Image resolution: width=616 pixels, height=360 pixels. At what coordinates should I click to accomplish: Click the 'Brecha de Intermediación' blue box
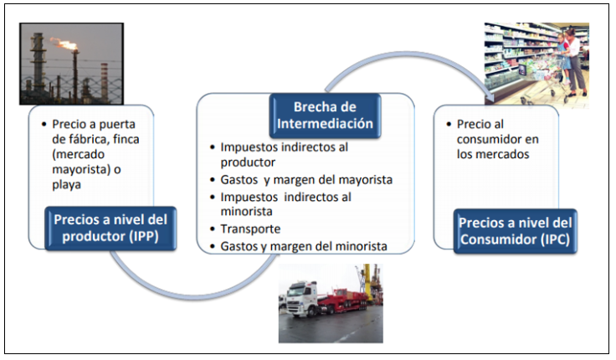pos(325,116)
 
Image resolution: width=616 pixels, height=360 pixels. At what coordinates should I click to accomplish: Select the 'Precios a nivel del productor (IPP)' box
pos(110,229)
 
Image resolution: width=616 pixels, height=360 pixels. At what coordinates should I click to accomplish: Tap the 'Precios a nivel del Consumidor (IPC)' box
pos(515,231)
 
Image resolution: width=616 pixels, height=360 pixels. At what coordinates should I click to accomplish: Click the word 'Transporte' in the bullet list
pos(250,229)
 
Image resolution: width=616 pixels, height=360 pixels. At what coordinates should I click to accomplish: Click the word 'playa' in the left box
pos(66,185)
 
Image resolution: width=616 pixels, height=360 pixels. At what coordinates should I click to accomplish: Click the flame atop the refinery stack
pos(64,44)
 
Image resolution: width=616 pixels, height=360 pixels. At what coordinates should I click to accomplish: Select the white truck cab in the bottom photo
pos(301,298)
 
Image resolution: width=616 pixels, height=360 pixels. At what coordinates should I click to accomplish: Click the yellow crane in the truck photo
pos(367,281)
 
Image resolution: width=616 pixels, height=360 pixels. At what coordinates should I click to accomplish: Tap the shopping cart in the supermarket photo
pos(543,80)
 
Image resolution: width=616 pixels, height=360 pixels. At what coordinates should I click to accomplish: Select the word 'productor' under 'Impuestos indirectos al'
pos(248,162)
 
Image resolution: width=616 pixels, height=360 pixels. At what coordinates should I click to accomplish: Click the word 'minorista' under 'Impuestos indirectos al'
pos(246,212)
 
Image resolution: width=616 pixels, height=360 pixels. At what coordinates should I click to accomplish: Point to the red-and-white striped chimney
pos(104,82)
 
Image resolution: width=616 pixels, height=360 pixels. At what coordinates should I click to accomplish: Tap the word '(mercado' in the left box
pos(78,154)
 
